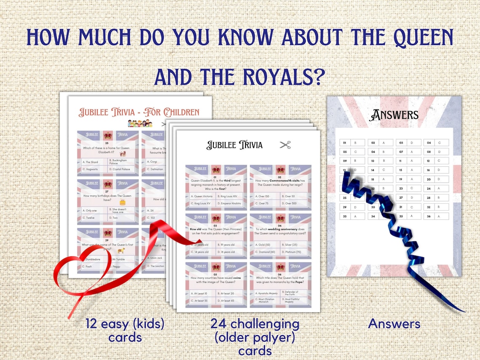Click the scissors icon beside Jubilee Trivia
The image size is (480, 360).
coord(285,145)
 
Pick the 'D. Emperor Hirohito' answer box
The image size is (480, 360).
coord(231,204)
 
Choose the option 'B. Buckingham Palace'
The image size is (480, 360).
coord(121,162)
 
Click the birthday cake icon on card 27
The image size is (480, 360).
coord(123,202)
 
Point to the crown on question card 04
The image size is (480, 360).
coord(280,219)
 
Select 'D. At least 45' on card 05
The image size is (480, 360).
coord(231,301)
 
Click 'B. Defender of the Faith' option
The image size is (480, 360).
coord(296,293)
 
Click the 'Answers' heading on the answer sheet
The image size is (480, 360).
coord(394,115)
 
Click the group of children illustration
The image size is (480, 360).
coord(139,123)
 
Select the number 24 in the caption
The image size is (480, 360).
coord(219,324)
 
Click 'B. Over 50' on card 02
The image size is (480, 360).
coord(296,196)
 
